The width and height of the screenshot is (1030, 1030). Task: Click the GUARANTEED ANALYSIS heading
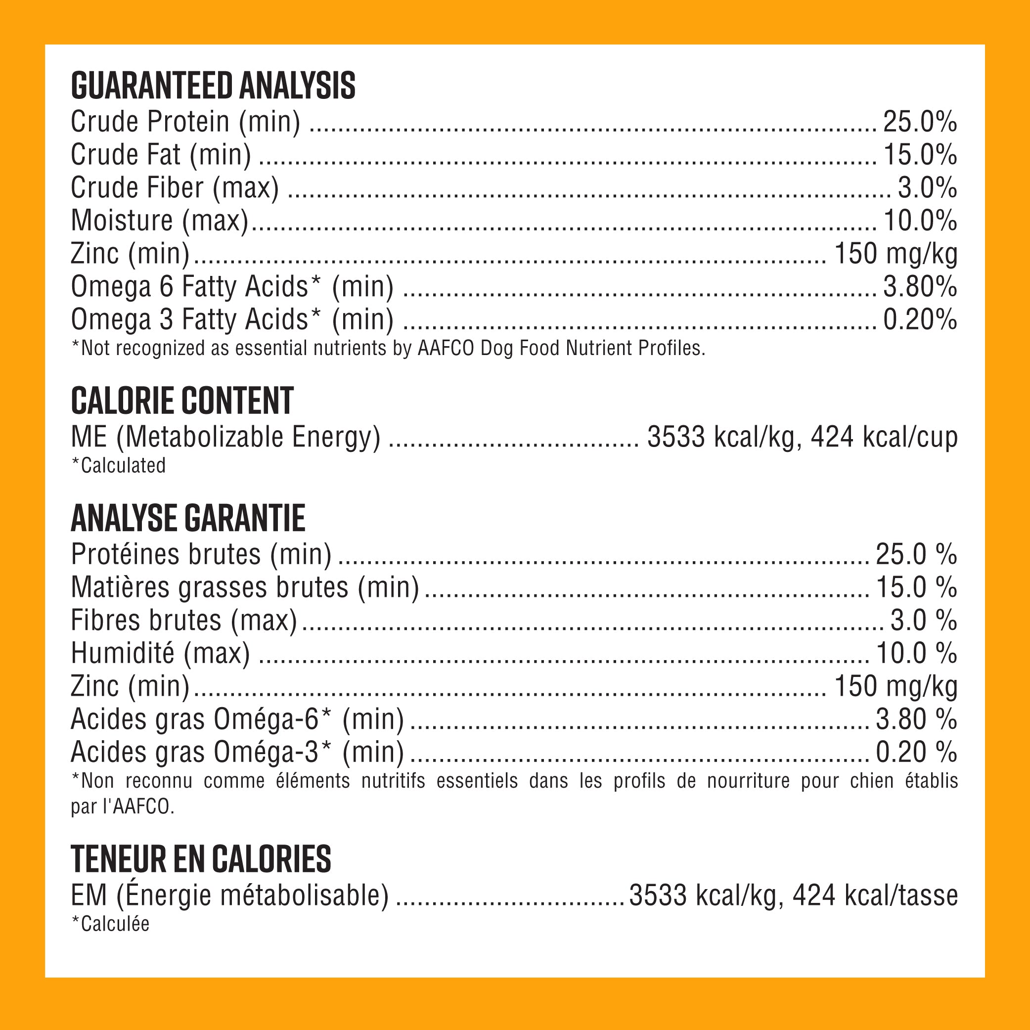tap(213, 86)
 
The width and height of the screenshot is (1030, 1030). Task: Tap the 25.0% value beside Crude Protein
tap(920, 122)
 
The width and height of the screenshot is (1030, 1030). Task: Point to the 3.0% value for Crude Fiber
tap(927, 188)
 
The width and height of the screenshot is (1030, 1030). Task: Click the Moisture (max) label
tap(159, 221)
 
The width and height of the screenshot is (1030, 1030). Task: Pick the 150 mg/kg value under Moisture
tap(896, 254)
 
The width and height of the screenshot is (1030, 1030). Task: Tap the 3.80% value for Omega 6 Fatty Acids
tap(920, 287)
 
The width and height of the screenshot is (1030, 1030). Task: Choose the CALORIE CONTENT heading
tap(182, 401)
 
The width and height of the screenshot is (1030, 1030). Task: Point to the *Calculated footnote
tap(118, 466)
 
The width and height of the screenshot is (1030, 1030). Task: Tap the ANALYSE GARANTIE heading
tap(188, 518)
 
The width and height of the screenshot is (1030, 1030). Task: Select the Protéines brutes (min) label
tap(201, 554)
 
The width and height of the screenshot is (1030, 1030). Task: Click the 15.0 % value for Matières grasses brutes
tap(916, 587)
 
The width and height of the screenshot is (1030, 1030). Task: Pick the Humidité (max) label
tap(160, 654)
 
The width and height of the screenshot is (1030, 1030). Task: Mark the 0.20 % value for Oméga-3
tap(916, 753)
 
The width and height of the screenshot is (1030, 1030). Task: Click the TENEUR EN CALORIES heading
tap(200, 859)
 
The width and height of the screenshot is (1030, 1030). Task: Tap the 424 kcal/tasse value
tap(875, 896)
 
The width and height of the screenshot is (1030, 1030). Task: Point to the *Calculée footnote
tap(110, 924)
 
